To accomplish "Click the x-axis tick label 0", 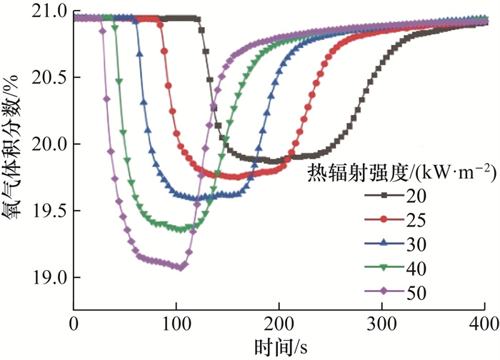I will (x=73, y=323).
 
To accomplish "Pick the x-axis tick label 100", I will (x=176, y=323).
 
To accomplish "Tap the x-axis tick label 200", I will (x=279, y=323).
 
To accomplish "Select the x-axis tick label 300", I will (x=381, y=323).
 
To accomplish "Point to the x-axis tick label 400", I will (x=484, y=323).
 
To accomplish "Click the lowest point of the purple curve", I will (x=182, y=267).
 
